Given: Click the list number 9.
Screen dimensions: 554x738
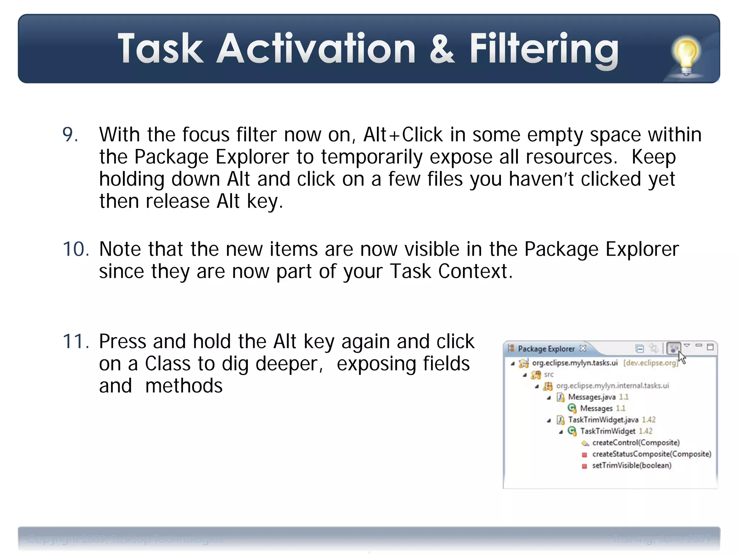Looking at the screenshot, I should [x=70, y=135].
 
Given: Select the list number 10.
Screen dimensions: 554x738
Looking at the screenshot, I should [x=76, y=249].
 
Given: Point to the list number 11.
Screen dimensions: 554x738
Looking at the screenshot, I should [x=76, y=341].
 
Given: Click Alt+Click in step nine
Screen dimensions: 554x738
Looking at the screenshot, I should [x=403, y=135].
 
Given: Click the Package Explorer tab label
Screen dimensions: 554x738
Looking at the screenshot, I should [x=546, y=349].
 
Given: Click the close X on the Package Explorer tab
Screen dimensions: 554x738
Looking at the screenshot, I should [x=583, y=348].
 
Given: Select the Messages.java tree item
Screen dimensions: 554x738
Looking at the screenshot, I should [x=592, y=397].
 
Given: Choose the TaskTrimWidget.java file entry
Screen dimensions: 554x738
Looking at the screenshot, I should [x=603, y=420].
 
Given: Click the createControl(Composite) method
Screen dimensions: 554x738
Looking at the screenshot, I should [x=636, y=443].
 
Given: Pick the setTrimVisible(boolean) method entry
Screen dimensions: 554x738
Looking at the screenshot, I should [x=631, y=465].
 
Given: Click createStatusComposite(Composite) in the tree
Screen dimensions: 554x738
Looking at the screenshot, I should [x=652, y=454].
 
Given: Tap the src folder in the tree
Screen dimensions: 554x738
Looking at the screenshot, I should [x=548, y=374].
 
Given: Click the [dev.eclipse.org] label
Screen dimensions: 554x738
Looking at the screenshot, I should [x=650, y=363].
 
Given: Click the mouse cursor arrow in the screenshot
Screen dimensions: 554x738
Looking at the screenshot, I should [x=682, y=358].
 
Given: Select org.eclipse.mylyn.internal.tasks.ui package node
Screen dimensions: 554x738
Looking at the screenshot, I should [x=612, y=386].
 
